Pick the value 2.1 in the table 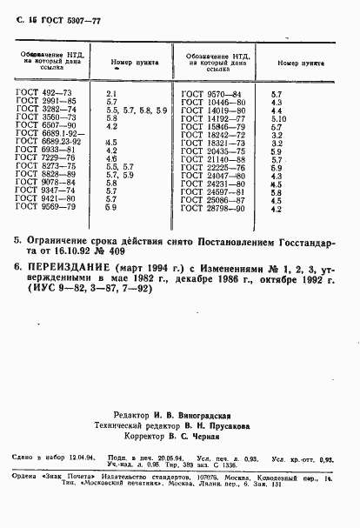(110, 92)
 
